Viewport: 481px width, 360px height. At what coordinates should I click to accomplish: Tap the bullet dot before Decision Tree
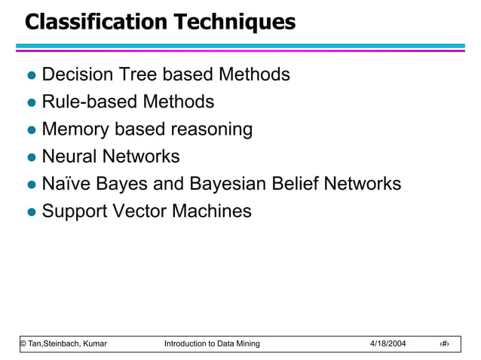(x=32, y=76)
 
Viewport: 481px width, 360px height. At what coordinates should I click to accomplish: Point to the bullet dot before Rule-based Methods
(x=32, y=103)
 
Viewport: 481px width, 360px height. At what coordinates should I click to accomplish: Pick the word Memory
(x=75, y=130)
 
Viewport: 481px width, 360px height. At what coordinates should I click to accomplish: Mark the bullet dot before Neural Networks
(x=32, y=158)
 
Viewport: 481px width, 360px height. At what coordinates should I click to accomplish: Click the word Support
(x=75, y=212)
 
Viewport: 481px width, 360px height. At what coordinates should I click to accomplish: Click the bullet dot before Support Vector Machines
(x=32, y=212)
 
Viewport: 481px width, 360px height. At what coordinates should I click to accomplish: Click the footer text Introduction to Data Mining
(x=211, y=343)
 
